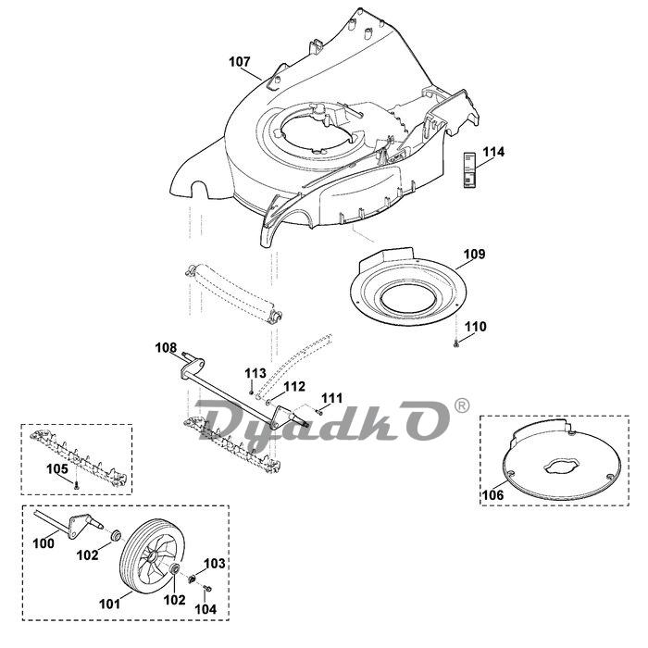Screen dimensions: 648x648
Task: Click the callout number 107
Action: [240, 62]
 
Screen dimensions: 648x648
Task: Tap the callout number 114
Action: [493, 152]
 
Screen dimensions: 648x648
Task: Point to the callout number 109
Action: [474, 254]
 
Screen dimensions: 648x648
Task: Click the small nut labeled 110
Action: [457, 343]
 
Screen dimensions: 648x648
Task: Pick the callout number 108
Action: [166, 348]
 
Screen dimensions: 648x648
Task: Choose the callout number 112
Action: [293, 386]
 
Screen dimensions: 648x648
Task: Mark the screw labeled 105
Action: [79, 484]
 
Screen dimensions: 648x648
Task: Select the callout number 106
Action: [492, 495]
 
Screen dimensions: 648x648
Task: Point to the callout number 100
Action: [43, 543]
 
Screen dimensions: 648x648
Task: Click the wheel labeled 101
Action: [150, 562]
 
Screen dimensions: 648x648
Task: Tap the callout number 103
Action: [214, 563]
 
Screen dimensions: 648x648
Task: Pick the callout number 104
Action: [206, 609]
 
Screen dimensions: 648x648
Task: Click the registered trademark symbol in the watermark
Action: [462, 405]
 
